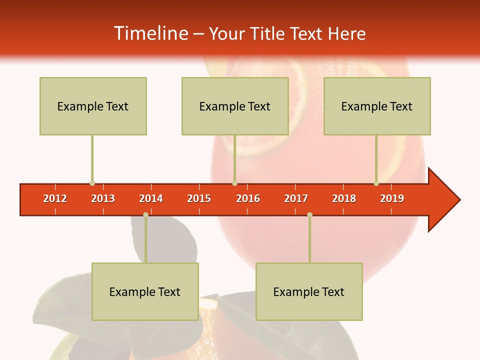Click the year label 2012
pos(55,198)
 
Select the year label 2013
pos(103,198)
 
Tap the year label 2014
pos(151,198)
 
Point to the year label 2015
pos(199,198)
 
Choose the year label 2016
pos(248,198)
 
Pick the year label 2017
pos(296,198)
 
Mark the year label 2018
pos(344,198)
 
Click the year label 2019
pos(392,198)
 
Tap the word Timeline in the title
pos(150,33)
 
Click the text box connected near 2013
pos(93,106)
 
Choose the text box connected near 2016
pos(235,106)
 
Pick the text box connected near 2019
pos(377,106)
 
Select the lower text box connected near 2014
pos(145,291)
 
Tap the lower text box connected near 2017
pos(309,291)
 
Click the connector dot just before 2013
pos(92,183)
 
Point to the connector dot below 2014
pos(145,215)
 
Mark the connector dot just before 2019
pos(376,183)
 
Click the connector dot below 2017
pos(309,215)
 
